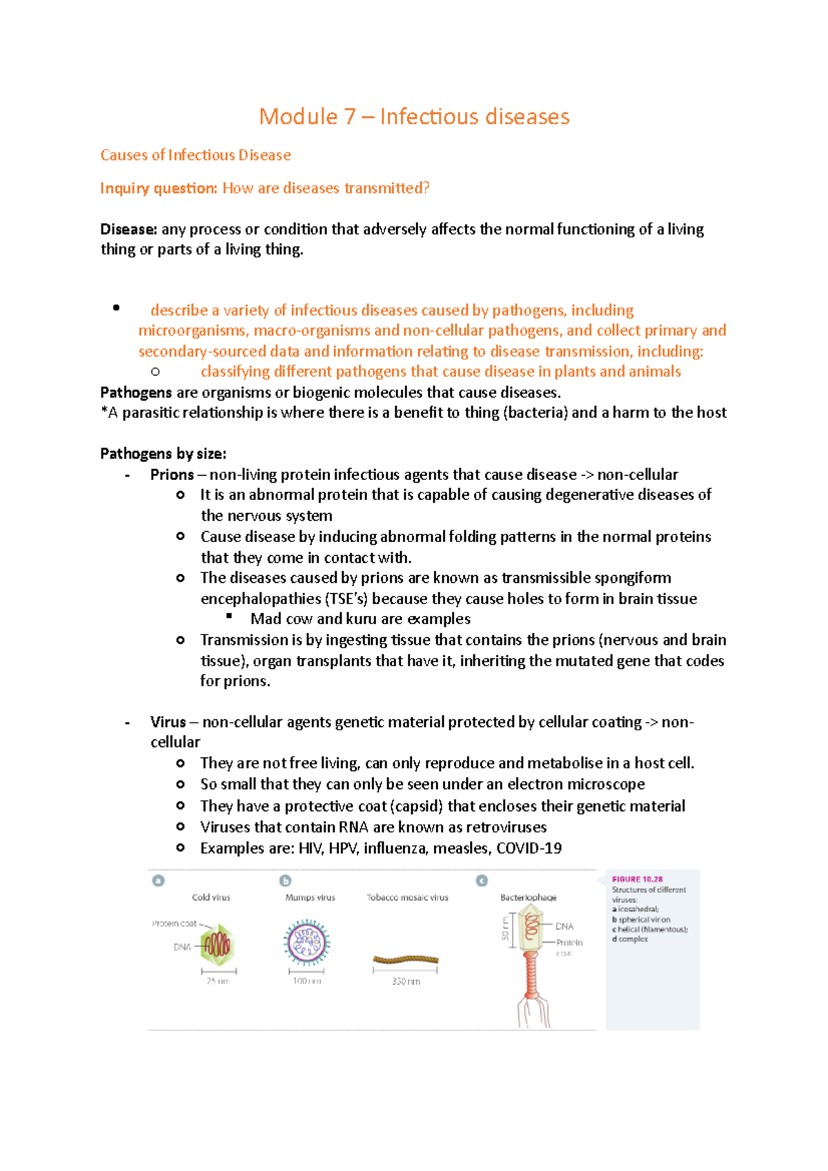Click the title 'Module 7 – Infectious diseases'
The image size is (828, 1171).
click(414, 117)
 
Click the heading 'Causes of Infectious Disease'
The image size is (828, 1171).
click(195, 155)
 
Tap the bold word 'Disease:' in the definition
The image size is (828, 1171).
click(128, 229)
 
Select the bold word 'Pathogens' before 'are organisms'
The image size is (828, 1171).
click(136, 392)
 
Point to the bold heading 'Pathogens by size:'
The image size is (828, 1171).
click(163, 454)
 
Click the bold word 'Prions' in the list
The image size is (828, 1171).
click(172, 474)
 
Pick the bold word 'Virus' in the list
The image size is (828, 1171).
click(168, 722)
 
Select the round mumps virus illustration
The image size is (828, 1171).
click(306, 942)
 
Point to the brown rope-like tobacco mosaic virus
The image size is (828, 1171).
click(406, 959)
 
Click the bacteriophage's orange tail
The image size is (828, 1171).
click(531, 975)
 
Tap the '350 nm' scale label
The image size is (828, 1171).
click(406, 981)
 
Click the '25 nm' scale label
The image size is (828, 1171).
click(218, 981)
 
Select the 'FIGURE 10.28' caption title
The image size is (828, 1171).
click(637, 879)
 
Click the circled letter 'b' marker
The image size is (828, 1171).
click(285, 881)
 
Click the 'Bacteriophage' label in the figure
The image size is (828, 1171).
click(528, 897)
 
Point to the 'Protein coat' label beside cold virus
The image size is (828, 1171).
click(174, 923)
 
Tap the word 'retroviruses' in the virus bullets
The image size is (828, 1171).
click(506, 827)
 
